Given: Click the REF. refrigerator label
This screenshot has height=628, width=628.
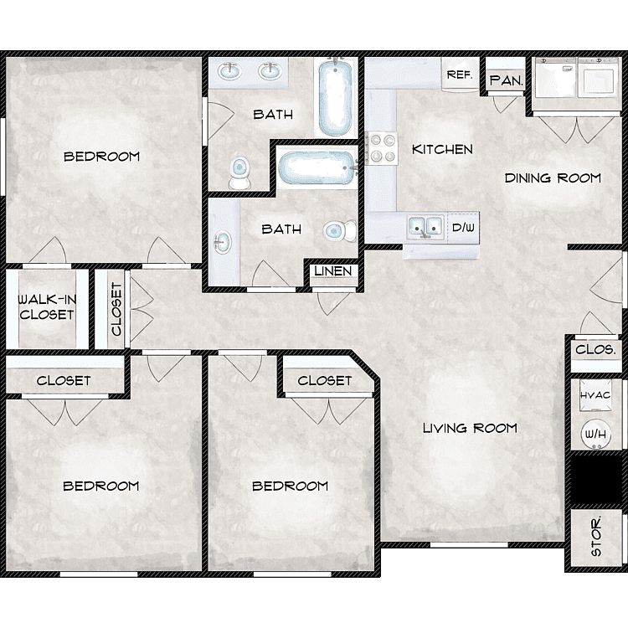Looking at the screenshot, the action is pyautogui.click(x=460, y=75).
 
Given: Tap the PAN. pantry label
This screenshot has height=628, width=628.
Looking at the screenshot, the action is pyautogui.click(x=507, y=80).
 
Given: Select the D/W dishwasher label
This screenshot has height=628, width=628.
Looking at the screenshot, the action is pyautogui.click(x=463, y=228).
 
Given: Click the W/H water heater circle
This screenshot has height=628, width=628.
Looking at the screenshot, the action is pyautogui.click(x=595, y=434).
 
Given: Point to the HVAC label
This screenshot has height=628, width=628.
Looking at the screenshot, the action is pyautogui.click(x=595, y=395).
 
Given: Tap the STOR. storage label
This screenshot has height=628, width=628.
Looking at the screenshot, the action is pyautogui.click(x=596, y=536).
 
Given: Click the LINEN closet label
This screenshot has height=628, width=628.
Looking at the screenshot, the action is pyautogui.click(x=332, y=271).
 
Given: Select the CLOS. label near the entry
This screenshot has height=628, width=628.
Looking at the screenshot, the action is pyautogui.click(x=595, y=350).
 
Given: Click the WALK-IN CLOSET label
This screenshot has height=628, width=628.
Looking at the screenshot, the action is pyautogui.click(x=47, y=306).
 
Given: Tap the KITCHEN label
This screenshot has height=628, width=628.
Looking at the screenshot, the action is pyautogui.click(x=442, y=149).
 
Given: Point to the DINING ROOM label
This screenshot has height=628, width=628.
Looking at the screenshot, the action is pyautogui.click(x=553, y=178).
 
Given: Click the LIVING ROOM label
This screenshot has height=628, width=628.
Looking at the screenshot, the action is pyautogui.click(x=471, y=428).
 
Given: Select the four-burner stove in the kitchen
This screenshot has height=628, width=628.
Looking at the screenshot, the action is pyautogui.click(x=383, y=147).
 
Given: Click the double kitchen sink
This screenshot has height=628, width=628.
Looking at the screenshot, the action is pyautogui.click(x=425, y=227).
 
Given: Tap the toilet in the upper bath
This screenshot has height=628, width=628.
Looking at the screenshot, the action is pyautogui.click(x=239, y=172).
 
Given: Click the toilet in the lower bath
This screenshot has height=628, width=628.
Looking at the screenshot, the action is pyautogui.click(x=340, y=231).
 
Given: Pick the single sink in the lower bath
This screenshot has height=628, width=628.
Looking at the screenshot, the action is pyautogui.click(x=222, y=242).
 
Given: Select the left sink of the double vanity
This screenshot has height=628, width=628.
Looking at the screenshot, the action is pyautogui.click(x=229, y=72).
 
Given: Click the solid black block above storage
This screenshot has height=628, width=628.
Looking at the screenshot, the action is pyautogui.click(x=597, y=480).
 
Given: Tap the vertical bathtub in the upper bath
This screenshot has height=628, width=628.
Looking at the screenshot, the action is pyautogui.click(x=336, y=96).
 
